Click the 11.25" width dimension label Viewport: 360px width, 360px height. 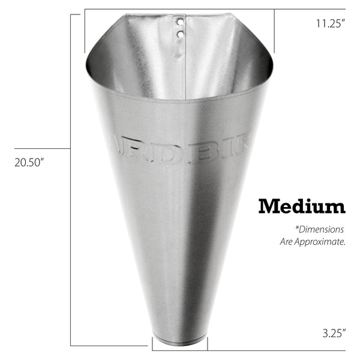click(331, 24)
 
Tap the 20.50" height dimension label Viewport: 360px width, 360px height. click(29, 162)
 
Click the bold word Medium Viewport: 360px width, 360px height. click(302, 206)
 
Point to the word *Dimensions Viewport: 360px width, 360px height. click(319, 229)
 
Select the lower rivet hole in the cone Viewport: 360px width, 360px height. click(179, 35)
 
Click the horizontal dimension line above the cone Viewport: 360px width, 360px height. click(180, 9)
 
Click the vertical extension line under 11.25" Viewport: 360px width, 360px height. click(275, 33)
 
